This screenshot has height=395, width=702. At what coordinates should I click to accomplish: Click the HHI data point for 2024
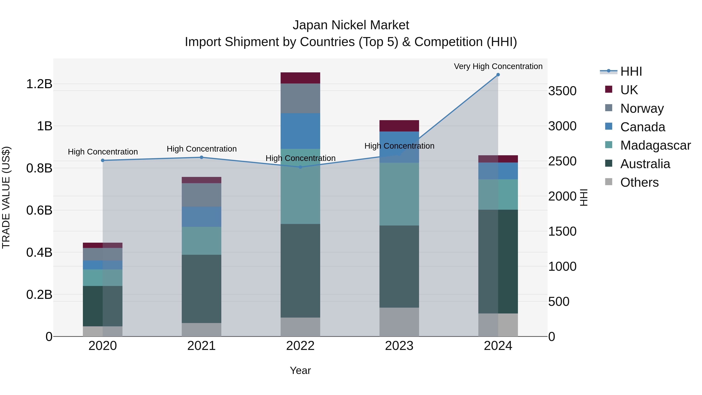[498, 75]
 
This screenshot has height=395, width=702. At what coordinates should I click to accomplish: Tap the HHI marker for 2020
[103, 160]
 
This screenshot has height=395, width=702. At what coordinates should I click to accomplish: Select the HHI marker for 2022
[300, 167]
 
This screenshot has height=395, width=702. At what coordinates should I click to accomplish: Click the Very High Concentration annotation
[498, 66]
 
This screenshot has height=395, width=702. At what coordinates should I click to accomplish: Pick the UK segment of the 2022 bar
[300, 78]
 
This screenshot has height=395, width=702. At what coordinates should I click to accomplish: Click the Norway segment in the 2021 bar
[201, 195]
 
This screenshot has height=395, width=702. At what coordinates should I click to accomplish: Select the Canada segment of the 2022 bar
[300, 131]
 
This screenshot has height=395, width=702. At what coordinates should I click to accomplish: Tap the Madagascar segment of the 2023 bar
[399, 194]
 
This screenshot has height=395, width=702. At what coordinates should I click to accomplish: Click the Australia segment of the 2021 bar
[201, 289]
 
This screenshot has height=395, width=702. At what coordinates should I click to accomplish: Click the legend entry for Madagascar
[655, 145]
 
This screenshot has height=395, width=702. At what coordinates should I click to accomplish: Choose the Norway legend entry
[642, 108]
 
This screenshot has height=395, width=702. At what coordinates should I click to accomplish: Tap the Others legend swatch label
[639, 182]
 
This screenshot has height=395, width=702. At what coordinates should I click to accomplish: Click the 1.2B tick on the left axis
[39, 84]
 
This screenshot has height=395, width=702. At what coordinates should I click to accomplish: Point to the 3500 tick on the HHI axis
[562, 91]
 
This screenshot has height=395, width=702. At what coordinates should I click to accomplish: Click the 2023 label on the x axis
[399, 346]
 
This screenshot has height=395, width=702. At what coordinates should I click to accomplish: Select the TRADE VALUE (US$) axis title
[6, 197]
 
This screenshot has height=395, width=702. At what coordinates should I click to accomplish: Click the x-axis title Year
[300, 370]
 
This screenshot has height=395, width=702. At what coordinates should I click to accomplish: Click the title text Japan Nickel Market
[351, 25]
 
